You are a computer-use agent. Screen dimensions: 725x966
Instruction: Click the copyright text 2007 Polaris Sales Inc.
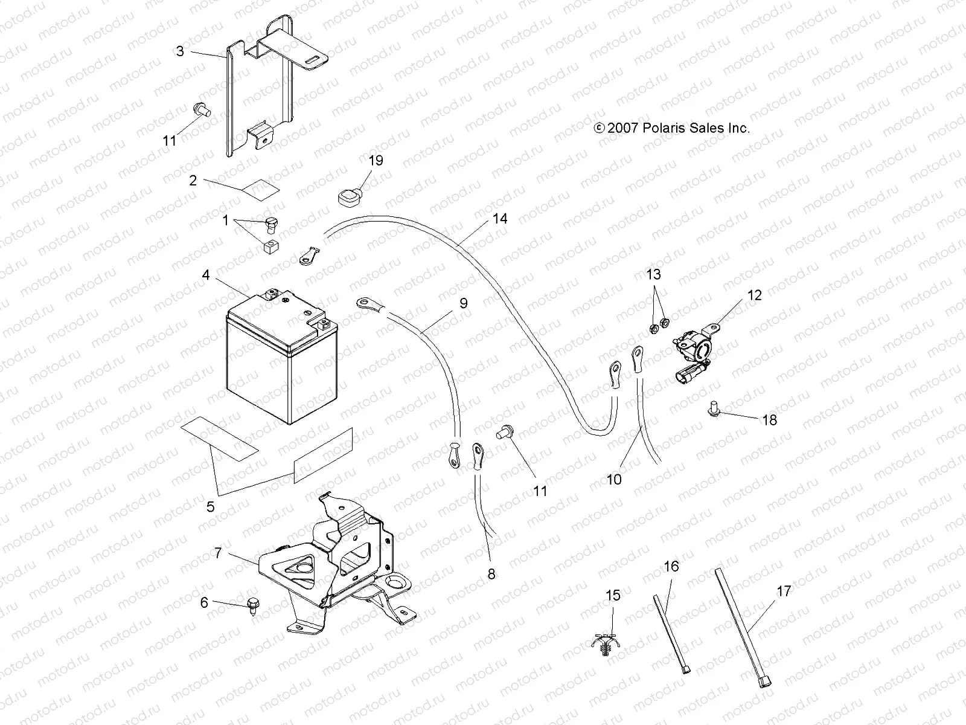[672, 128]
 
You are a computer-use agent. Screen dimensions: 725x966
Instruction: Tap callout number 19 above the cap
[376, 161]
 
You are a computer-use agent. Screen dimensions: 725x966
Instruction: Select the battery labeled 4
[275, 359]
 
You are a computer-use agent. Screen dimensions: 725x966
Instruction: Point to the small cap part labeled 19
[348, 196]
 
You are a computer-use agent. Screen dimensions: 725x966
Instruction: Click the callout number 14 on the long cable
[500, 219]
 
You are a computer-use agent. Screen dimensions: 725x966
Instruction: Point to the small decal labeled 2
[261, 188]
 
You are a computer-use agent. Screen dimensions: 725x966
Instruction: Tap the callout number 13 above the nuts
[654, 274]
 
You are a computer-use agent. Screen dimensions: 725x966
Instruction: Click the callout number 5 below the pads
[210, 506]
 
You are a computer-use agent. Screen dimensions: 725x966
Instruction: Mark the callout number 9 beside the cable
[463, 303]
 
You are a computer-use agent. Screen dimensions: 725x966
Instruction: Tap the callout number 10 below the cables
[614, 479]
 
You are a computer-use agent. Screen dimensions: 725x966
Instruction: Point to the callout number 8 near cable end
[491, 574]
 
